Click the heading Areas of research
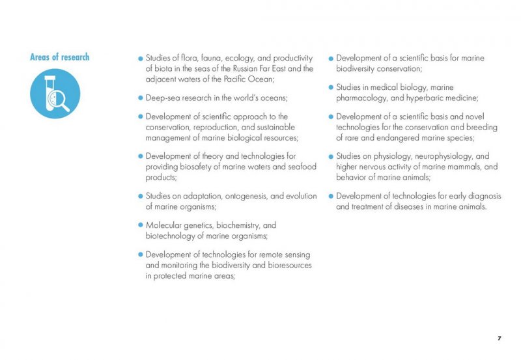(x=59, y=57)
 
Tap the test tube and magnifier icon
(x=55, y=94)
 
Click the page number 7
(x=499, y=339)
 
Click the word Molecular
(x=165, y=225)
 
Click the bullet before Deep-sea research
(x=140, y=98)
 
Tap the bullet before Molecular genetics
(x=140, y=225)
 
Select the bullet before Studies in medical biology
(x=331, y=88)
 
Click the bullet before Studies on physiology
(x=331, y=157)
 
